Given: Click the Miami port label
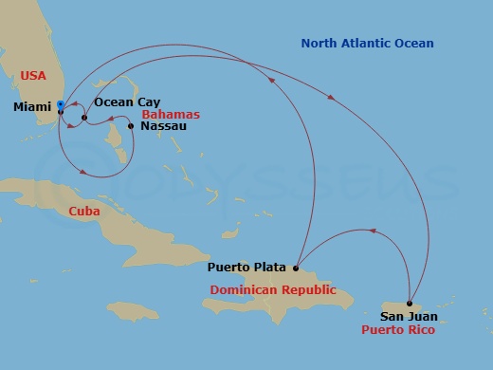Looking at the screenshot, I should pyautogui.click(x=32, y=107).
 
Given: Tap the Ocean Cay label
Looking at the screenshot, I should pyautogui.click(x=127, y=102).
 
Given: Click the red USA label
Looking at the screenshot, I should pyautogui.click(x=33, y=74).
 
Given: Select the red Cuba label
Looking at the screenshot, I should pyautogui.click(x=86, y=212).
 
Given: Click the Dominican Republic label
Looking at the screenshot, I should pyautogui.click(x=273, y=289).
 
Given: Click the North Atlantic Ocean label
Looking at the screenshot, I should pyautogui.click(x=367, y=44).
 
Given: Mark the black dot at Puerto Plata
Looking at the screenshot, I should pyautogui.click(x=296, y=268).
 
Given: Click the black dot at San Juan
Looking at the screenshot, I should pyautogui.click(x=409, y=303).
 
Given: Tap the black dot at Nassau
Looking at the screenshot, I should pyautogui.click(x=130, y=125).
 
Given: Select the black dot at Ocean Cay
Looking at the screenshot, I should pyautogui.click(x=84, y=119).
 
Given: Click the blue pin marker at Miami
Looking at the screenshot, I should pyautogui.click(x=60, y=105).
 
